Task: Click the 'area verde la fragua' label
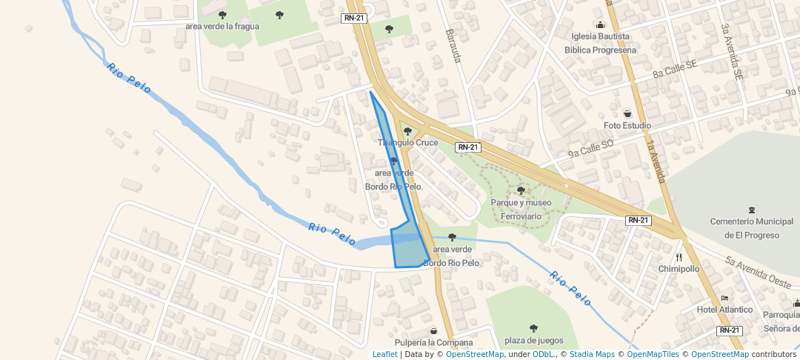point(222,26)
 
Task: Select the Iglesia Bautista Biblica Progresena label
point(600,43)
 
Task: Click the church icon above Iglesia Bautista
point(600,25)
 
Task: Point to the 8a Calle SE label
point(675,70)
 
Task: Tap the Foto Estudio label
point(627,125)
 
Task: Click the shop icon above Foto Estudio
point(627,114)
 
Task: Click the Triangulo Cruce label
point(408,142)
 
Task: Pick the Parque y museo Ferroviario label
point(521,209)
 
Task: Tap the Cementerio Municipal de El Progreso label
point(752,228)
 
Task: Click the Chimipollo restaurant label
point(679,269)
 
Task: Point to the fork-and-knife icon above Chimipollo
point(679,257)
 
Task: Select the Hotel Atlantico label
point(724,310)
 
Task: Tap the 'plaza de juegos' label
point(534,340)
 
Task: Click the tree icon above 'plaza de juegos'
point(533,328)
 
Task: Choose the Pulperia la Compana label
point(433,342)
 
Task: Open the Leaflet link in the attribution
point(384,354)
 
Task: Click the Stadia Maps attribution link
point(591,354)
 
